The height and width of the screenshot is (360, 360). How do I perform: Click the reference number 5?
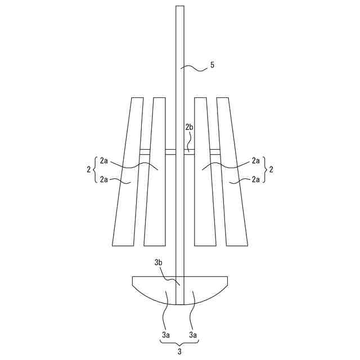click(x=212, y=65)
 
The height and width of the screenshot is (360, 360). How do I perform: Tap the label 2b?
click(x=189, y=127)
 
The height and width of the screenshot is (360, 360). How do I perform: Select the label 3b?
click(x=158, y=263)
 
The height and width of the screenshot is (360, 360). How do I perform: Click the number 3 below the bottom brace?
click(x=179, y=351)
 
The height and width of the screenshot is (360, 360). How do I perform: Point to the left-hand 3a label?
click(x=166, y=335)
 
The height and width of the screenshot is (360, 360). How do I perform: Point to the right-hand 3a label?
click(x=193, y=335)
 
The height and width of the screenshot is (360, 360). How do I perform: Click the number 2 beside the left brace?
click(x=89, y=170)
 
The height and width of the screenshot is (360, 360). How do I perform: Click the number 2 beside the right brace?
click(x=271, y=170)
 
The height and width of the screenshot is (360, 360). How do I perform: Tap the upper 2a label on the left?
click(x=103, y=160)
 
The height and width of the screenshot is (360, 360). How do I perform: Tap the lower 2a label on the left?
click(x=103, y=179)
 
